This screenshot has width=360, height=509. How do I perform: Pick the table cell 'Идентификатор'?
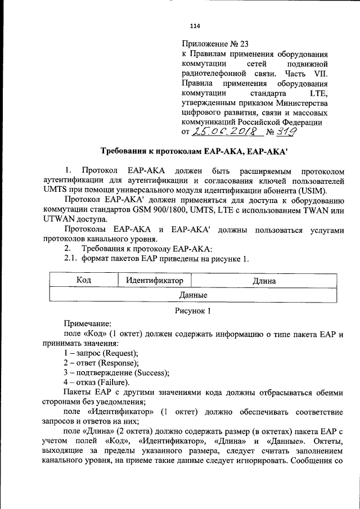(155, 280)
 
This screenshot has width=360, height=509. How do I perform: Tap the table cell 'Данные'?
(193, 295)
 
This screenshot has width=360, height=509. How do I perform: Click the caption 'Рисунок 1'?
(192, 310)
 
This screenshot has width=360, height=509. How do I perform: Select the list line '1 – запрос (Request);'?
(101, 353)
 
